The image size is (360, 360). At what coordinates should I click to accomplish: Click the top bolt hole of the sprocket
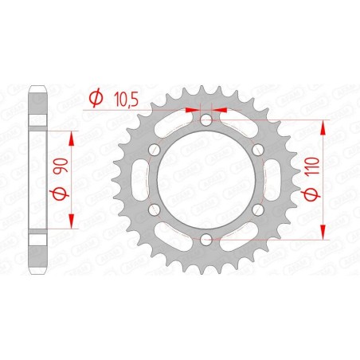click(206, 120)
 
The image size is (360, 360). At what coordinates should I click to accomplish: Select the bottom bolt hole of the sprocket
click(206, 238)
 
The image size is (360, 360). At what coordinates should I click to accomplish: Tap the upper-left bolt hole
click(155, 150)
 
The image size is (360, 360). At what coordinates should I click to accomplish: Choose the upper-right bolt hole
click(257, 150)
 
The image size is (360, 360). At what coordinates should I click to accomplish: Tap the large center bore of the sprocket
click(206, 179)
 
